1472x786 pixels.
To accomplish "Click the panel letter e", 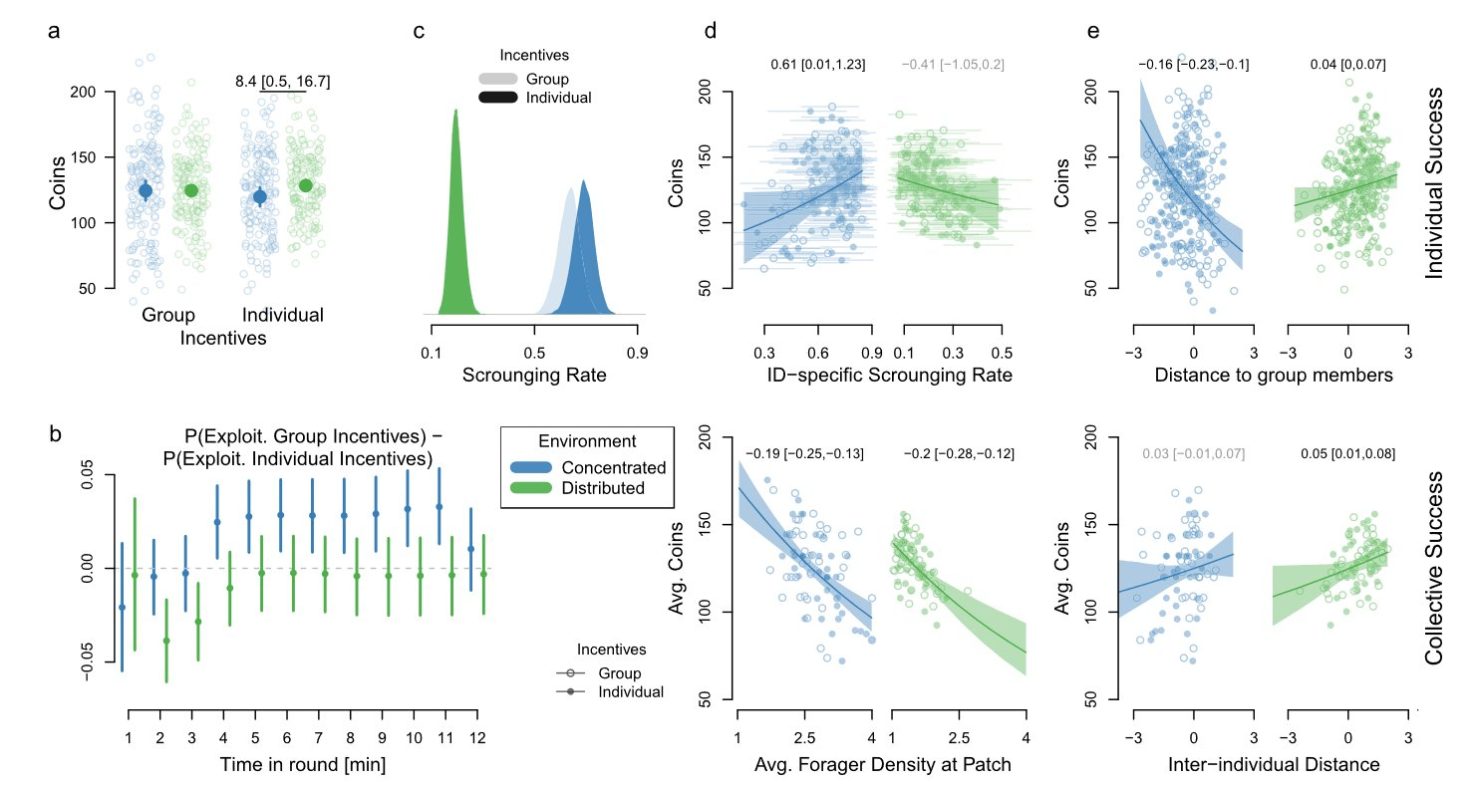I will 1093,31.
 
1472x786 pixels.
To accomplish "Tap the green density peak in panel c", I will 455,113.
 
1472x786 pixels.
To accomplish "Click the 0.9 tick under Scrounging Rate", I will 638,352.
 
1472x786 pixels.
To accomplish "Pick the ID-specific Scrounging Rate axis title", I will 889,376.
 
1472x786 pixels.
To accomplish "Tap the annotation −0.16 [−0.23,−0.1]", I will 1193,65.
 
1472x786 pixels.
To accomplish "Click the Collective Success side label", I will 1434,569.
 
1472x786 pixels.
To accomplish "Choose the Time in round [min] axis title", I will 303,764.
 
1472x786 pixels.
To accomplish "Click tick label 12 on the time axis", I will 475,738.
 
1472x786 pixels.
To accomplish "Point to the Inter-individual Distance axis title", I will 1274,764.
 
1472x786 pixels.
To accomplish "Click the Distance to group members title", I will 1274,376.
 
